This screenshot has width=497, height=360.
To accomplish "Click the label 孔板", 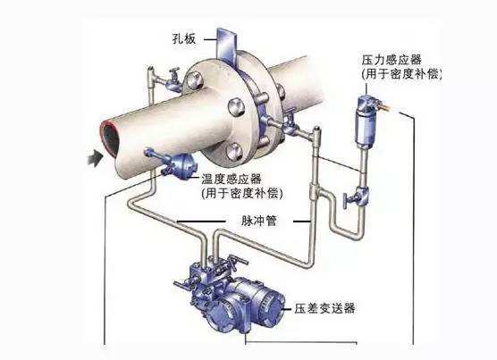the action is (184, 39).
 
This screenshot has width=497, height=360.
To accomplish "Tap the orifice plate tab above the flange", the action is (227, 45).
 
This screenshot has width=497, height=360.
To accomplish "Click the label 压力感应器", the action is (392, 60).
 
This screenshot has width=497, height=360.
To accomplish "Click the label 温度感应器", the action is (232, 180).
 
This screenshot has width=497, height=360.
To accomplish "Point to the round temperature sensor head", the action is (183, 166).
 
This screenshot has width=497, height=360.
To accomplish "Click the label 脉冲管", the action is (259, 221).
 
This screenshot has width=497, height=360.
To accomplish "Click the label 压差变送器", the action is (324, 308).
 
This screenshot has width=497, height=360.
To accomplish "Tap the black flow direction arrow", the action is (96, 157).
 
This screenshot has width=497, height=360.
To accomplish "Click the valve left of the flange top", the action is (173, 80).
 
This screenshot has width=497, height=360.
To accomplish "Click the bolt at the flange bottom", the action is (234, 152).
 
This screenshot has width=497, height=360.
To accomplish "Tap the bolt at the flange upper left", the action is (194, 80).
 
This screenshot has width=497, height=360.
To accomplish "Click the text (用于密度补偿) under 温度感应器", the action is (241, 193).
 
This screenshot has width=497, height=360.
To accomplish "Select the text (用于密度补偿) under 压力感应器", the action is (401, 74).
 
